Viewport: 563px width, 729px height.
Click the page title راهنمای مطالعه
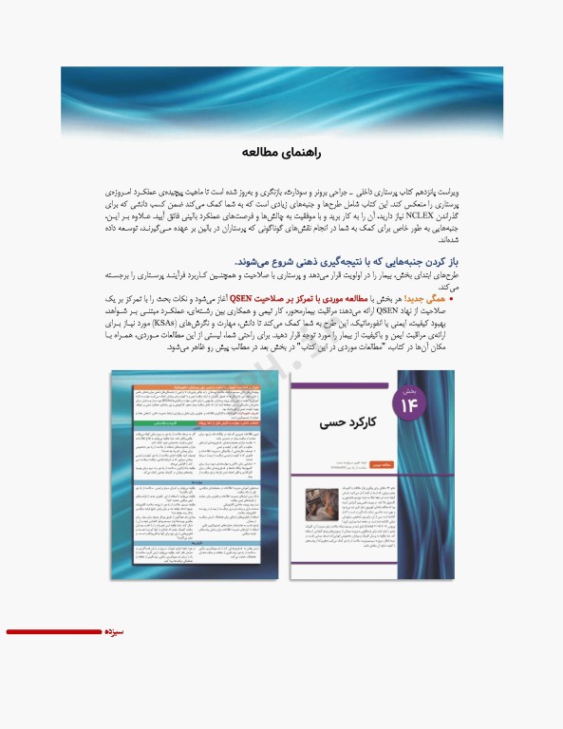282,152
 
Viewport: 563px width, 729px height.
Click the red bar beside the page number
52,631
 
